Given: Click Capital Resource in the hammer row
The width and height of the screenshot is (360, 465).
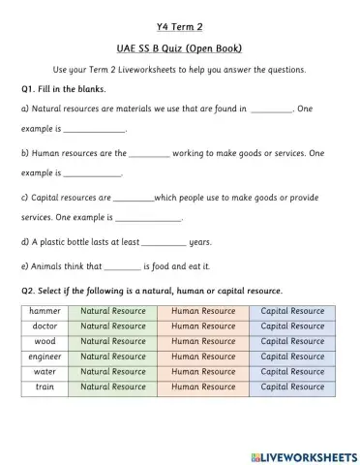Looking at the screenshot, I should (x=292, y=312).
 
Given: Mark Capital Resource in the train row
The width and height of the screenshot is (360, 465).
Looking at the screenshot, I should (x=292, y=387).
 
